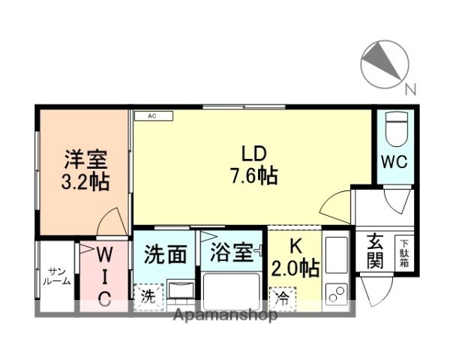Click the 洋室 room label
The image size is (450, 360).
click(85, 160)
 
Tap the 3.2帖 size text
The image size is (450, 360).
click(85, 181)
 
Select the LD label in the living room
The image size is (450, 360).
click(253, 154)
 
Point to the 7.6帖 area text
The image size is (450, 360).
click(253, 177)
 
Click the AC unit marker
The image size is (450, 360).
click(152, 116)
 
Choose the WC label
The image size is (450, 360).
click(394, 161)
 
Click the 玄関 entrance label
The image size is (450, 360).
click(374, 251)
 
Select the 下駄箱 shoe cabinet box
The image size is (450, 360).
click(404, 252)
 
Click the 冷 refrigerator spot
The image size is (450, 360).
click(283, 297)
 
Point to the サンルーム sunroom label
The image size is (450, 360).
click(58, 276)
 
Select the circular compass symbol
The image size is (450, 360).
click(383, 64)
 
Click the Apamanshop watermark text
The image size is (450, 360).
click(225, 316)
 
